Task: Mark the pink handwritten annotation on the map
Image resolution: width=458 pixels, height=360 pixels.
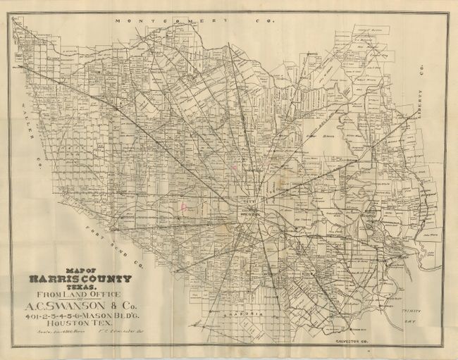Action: pyautogui.click(x=183, y=208)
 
